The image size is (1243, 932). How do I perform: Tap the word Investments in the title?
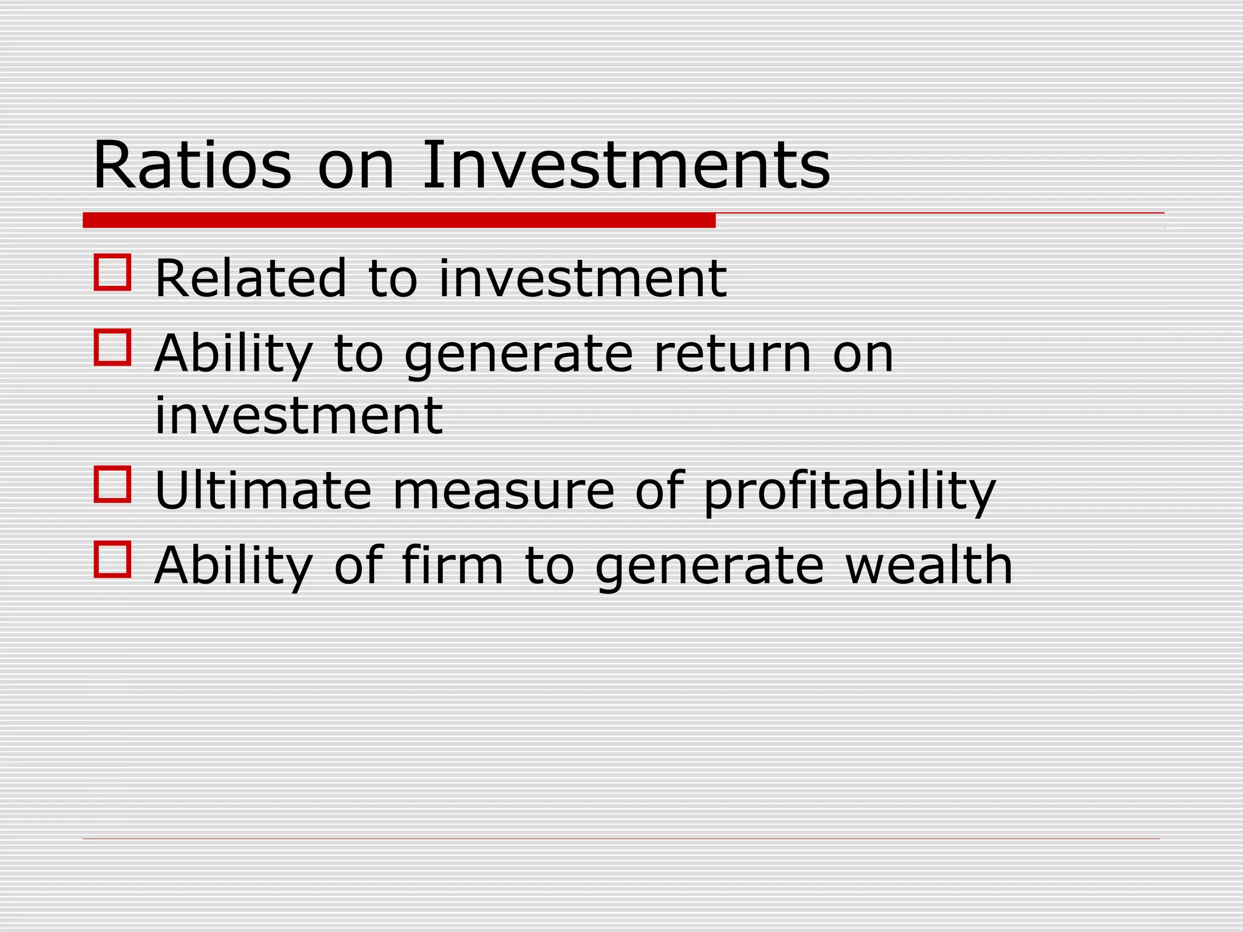click(626, 165)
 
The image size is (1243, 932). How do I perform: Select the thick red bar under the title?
click(399, 220)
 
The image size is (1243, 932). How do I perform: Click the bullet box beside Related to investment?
click(113, 272)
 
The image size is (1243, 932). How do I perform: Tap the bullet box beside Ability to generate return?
click(113, 348)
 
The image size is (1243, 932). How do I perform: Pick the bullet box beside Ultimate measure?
click(113, 484)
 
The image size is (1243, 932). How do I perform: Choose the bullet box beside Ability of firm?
click(113, 559)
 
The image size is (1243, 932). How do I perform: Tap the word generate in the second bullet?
click(519, 355)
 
